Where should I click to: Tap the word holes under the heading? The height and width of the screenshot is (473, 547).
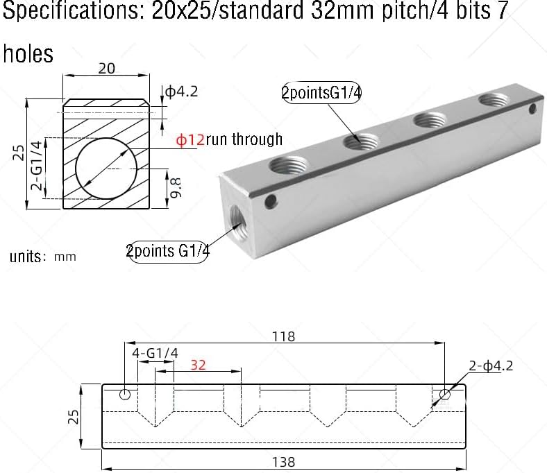point(28,53)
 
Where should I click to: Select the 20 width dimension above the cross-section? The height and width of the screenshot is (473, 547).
point(107,68)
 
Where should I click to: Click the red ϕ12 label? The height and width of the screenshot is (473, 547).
point(190,139)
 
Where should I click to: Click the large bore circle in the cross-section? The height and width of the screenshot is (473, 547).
point(108,168)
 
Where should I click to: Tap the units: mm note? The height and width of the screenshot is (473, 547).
point(43,256)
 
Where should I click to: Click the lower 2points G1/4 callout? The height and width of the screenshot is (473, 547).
point(168,251)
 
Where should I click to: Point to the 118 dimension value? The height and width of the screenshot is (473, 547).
point(283,336)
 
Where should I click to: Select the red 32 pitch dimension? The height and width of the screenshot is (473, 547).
point(198,365)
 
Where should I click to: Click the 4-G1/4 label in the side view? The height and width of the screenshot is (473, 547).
point(155,353)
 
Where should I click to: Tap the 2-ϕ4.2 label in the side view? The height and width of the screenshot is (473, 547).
point(491,366)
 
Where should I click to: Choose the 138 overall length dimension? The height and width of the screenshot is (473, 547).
point(283,461)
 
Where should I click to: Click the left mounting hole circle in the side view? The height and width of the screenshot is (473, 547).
point(125,395)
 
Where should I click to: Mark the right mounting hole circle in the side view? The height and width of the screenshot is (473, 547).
point(444,395)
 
